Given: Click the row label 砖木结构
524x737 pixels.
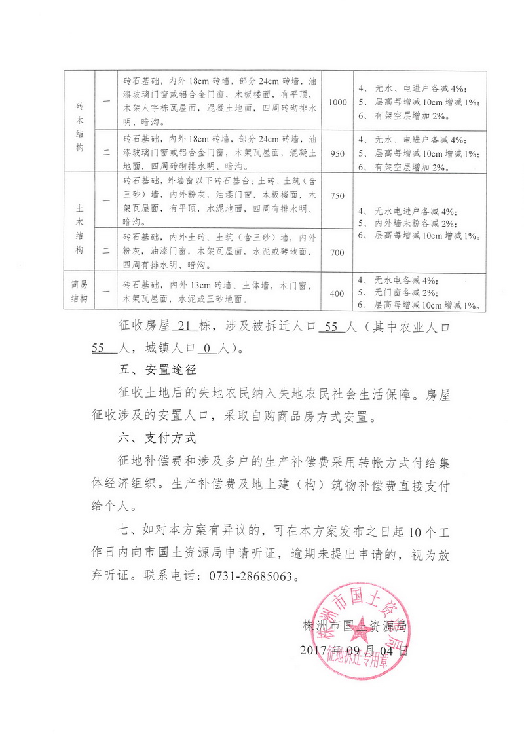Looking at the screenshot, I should [80, 126].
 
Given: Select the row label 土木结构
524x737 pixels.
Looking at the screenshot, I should [80, 223].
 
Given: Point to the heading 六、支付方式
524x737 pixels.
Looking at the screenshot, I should [150, 438].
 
